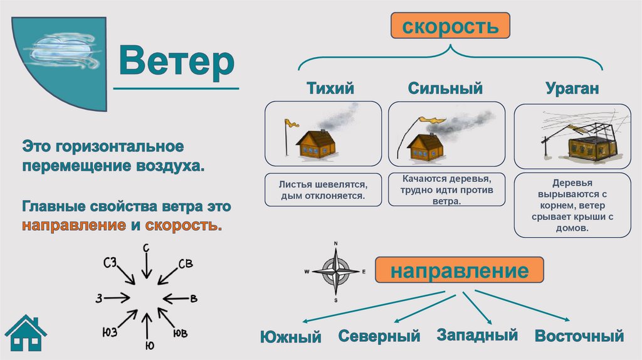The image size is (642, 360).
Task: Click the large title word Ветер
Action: [177, 61]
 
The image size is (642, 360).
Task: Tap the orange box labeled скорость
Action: [450, 28]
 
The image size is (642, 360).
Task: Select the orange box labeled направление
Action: [459, 272]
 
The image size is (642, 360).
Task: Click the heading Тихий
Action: [330, 88]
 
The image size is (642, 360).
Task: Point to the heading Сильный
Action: [445, 88]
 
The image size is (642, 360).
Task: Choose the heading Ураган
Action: [572, 88]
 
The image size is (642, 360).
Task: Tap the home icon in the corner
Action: [25, 334]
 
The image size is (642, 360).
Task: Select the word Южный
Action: [290, 337]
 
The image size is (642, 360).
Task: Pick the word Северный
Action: [379, 336]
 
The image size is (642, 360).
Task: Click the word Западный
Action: [478, 335]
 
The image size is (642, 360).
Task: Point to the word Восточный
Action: [579, 336]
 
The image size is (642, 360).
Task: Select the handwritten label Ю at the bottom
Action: [150, 346]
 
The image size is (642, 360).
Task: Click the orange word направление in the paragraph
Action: [74, 225]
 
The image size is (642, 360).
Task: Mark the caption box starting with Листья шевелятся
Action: [323, 189]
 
